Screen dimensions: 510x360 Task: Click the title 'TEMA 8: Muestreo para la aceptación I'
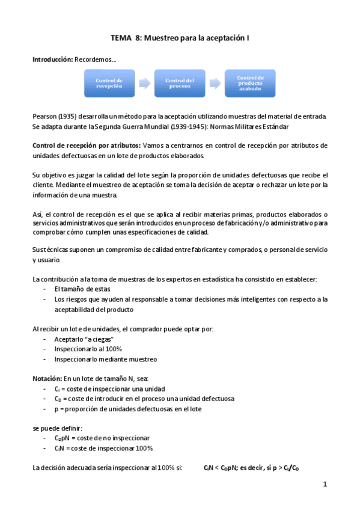(x=180, y=37)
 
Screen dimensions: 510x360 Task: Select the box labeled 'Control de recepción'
(x=109, y=83)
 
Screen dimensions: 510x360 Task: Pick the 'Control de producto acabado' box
(x=250, y=83)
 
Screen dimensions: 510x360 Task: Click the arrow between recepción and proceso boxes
(x=144, y=83)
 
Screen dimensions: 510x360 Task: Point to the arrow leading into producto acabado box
(x=215, y=83)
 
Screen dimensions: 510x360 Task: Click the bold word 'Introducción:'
(x=52, y=60)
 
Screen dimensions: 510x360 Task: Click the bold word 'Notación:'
(x=47, y=378)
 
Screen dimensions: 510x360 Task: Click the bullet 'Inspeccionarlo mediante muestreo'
(x=105, y=359)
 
